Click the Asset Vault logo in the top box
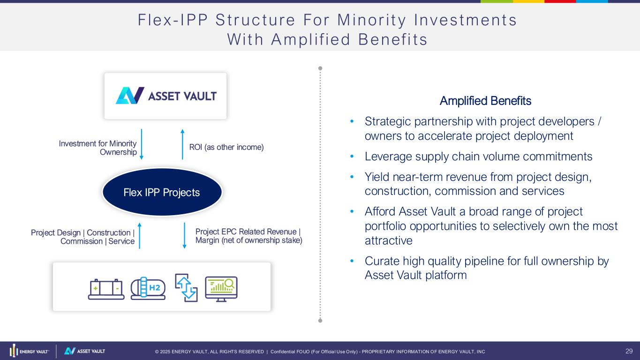pos(166,96)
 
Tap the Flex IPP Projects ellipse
pos(162,192)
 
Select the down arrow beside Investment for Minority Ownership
pos(142,144)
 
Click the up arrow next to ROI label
pos(182,144)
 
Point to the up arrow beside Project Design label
pos(139,236)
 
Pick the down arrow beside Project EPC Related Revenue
pos(185,236)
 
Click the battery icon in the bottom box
pos(106,289)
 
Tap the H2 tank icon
pos(148,288)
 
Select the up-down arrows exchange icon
pos(186,287)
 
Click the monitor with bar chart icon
pos(221,289)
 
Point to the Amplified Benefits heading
pos(485,101)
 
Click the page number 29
pos(629,351)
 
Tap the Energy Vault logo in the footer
pos(29,351)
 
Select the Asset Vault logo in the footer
pos(84,351)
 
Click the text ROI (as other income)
pos(226,147)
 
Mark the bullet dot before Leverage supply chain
pos(352,156)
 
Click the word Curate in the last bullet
pos(382,261)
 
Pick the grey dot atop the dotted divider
pos(320,68)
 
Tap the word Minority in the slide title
pos(371,20)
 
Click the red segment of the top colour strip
pos(560,1)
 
